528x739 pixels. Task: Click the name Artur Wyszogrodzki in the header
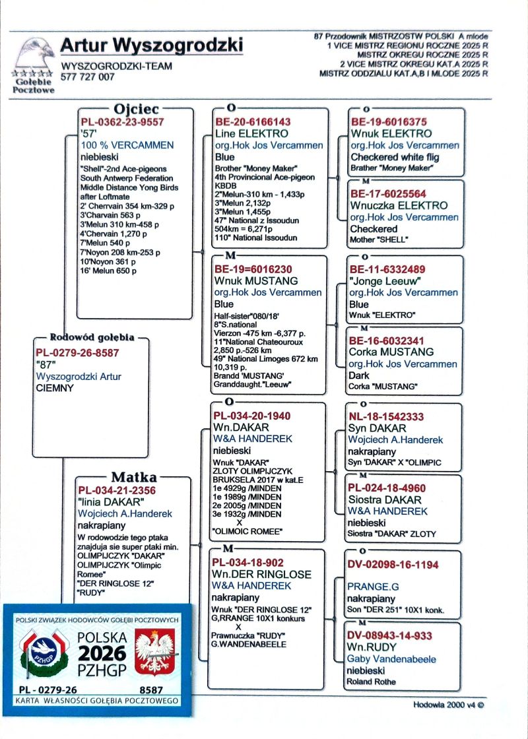(151, 46)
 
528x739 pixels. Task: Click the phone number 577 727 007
(88, 77)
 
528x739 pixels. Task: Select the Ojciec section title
(136, 109)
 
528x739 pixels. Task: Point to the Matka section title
(133, 477)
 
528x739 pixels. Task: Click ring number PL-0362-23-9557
(122, 122)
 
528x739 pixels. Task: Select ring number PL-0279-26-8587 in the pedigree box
(77, 353)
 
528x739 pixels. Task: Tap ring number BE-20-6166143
(253, 122)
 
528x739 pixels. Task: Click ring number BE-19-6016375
(389, 122)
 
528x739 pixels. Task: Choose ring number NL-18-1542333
(386, 417)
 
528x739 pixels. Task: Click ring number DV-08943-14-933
(389, 635)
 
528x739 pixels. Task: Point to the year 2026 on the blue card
(102, 653)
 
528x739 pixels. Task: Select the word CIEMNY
(55, 388)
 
